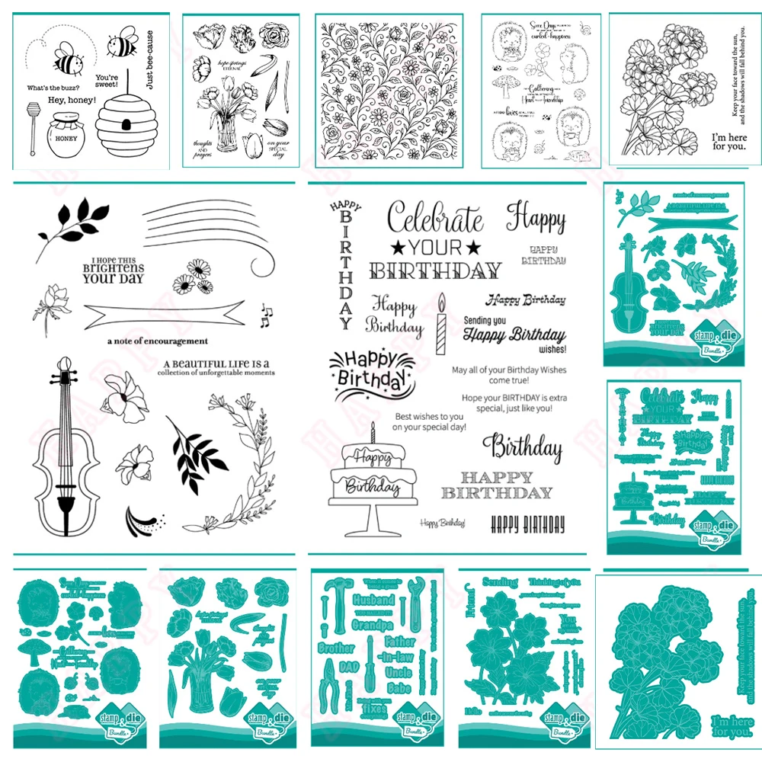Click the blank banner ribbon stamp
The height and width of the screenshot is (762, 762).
click(x=165, y=313)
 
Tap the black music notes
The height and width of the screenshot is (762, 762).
click(x=266, y=315)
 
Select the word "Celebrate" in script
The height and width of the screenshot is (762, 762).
click(x=435, y=219)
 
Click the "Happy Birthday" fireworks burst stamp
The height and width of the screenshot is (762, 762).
click(x=363, y=368)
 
